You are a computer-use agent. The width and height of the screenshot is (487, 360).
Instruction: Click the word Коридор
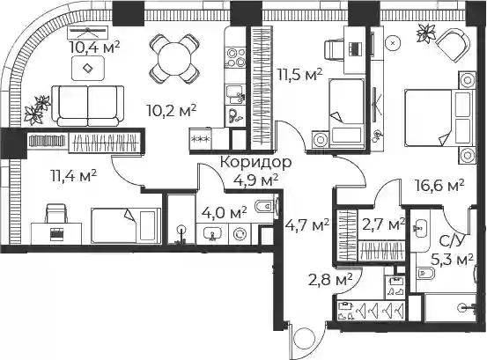pos(255,162)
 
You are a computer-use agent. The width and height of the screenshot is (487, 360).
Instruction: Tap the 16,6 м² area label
pos(439,186)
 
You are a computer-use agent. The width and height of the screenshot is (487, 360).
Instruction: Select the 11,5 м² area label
pos(299,75)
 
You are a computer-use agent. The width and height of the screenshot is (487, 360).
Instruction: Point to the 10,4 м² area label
pos(94,48)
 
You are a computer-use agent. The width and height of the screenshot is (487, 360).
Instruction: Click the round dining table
pos(174,59)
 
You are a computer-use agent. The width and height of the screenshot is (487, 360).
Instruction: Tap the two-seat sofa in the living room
pos(88,106)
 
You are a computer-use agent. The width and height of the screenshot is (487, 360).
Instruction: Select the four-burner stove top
pos(235,57)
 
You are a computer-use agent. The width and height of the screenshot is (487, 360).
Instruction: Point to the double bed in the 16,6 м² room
pos(439,117)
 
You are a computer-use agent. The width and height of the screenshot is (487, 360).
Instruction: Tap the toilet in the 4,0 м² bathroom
pos(264,206)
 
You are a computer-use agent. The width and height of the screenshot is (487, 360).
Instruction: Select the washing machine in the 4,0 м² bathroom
pos(240,233)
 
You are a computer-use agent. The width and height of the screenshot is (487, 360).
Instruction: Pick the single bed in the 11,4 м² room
pos(126,225)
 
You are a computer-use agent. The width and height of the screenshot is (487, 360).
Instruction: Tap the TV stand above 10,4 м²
pos(88,31)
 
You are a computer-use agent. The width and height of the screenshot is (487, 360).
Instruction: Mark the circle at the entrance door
pos(304,339)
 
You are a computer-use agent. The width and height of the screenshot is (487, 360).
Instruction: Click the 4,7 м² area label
pos(307,224)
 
